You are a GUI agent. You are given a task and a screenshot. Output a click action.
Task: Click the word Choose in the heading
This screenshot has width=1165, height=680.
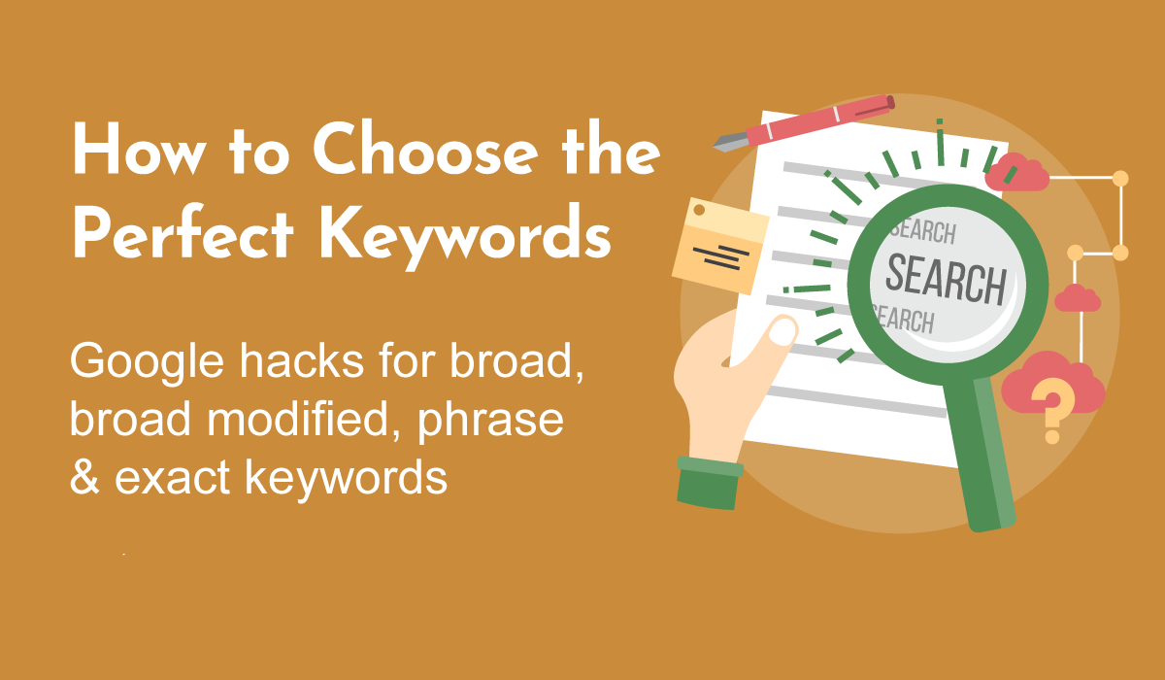(425, 149)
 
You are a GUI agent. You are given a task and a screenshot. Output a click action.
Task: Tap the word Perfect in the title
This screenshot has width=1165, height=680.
(183, 232)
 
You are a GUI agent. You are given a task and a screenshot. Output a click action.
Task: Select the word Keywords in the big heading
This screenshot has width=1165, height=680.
(464, 237)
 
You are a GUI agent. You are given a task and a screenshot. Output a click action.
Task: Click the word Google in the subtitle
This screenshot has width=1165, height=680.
(148, 362)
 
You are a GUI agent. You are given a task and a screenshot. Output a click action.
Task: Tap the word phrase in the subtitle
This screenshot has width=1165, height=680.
(490, 422)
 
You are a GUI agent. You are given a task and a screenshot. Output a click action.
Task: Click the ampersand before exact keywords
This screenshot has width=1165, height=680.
(84, 476)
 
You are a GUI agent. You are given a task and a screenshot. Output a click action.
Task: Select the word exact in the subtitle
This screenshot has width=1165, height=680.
(173, 478)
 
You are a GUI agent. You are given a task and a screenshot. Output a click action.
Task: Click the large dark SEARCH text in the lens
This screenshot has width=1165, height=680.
(946, 280)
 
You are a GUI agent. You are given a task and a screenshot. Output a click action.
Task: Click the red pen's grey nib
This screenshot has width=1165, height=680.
(731, 141)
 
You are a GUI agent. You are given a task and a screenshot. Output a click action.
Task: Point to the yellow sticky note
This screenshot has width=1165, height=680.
(719, 246)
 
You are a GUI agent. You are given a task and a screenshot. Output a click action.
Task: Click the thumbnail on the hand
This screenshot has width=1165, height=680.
(782, 331)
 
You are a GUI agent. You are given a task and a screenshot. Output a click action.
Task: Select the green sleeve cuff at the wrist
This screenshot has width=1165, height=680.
(710, 483)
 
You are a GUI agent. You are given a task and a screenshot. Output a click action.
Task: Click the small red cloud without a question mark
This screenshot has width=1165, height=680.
(1077, 298)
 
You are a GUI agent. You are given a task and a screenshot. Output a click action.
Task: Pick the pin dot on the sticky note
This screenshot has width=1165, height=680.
(699, 210)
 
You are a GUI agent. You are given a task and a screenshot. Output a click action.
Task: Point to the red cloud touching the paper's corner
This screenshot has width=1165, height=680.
(1016, 172)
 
